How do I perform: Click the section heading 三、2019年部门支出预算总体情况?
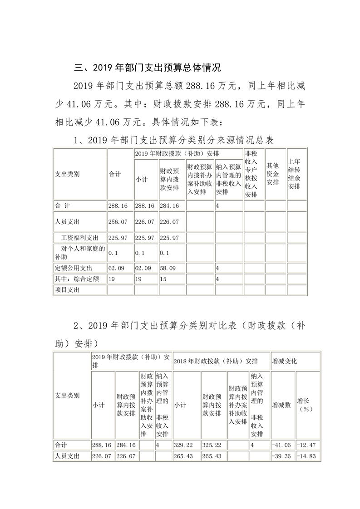coord(147,69)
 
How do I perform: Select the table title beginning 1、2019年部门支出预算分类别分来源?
coord(173,141)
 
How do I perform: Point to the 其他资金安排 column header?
coord(272,174)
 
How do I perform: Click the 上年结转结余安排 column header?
coord(294,174)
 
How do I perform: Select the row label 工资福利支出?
coord(79,238)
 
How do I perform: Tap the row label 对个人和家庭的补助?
coord(79,253)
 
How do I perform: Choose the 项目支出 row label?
coord(67,290)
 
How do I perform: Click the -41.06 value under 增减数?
coord(281,445)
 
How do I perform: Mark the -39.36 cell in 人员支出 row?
coord(281,456)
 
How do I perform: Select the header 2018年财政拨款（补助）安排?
coord(216,361)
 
